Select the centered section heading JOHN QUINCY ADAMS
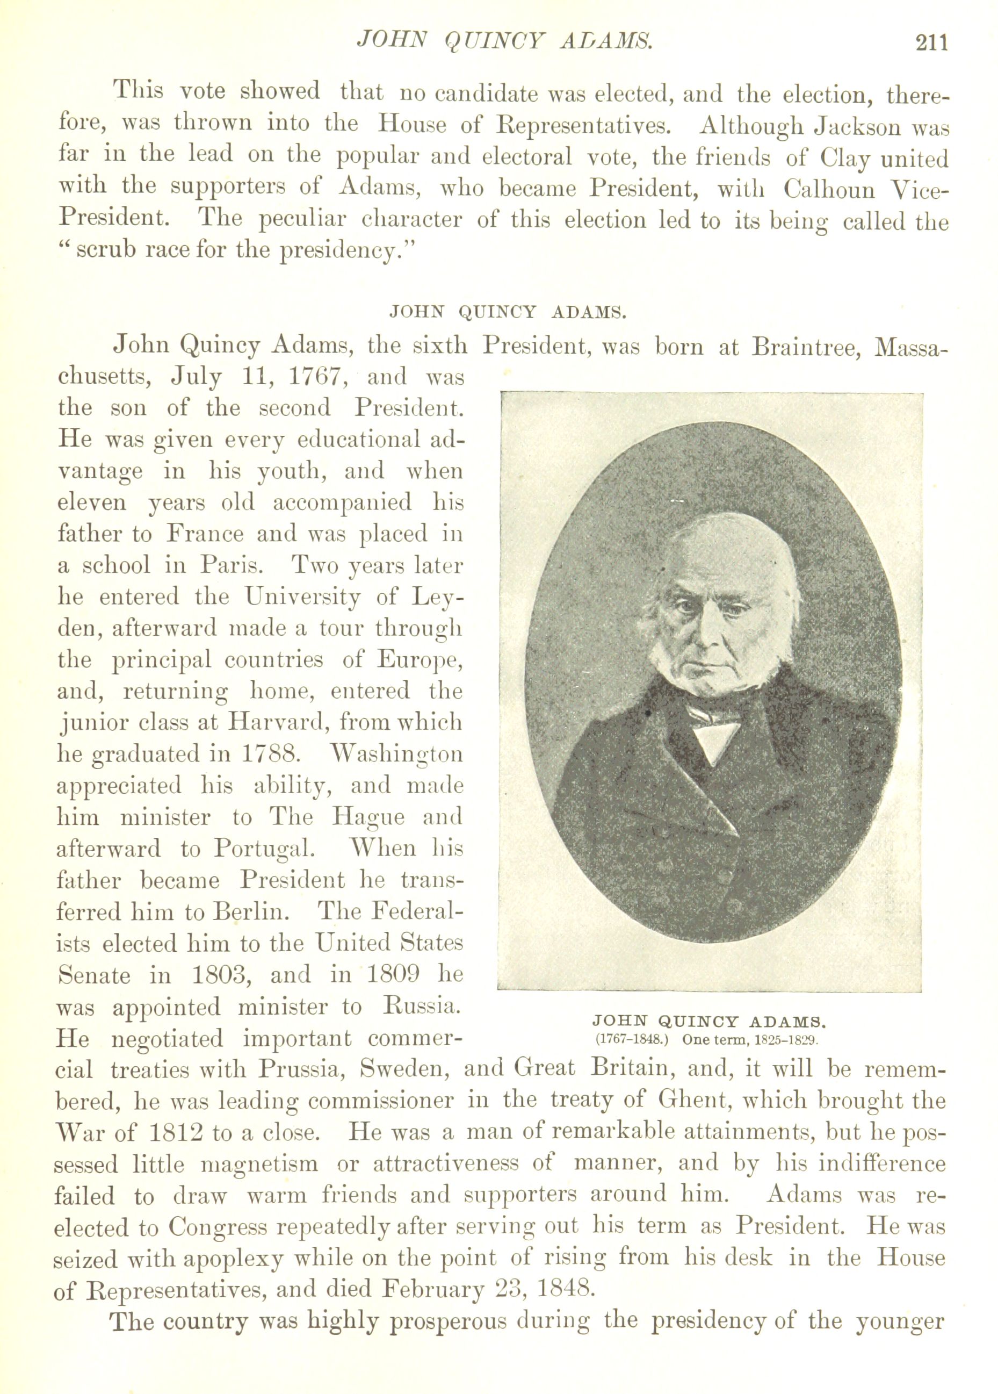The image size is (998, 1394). [508, 312]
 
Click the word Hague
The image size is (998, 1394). [368, 817]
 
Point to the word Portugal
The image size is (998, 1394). [264, 850]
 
